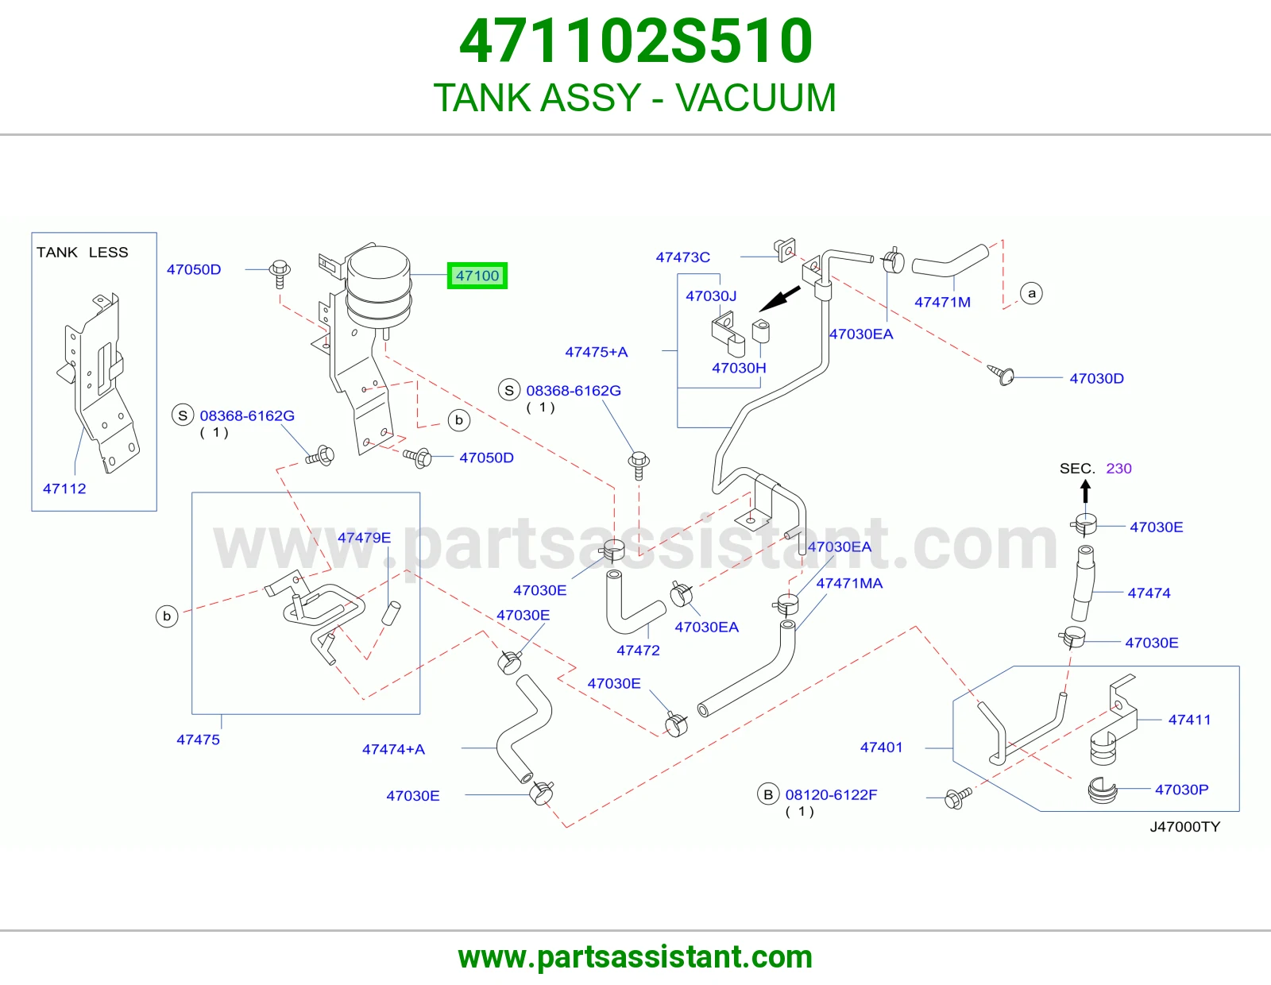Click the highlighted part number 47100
[x=477, y=276]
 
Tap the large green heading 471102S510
[x=635, y=41]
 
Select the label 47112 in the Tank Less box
[x=64, y=489]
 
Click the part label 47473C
[x=682, y=257]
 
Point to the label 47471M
[x=942, y=302]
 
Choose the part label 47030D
[x=1097, y=378]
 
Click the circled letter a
[x=1031, y=293]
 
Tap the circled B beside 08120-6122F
[x=768, y=794]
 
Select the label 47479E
[x=364, y=538]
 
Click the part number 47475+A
[x=596, y=352]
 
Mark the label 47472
[x=638, y=650]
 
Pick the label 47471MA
[x=849, y=583]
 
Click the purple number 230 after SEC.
[x=1118, y=468]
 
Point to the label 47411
[x=1189, y=720]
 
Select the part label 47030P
[x=1181, y=789]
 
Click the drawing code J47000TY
[x=1185, y=826]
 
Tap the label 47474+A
[x=394, y=749]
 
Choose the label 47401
[x=881, y=747]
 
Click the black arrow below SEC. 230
[x=1086, y=492]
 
